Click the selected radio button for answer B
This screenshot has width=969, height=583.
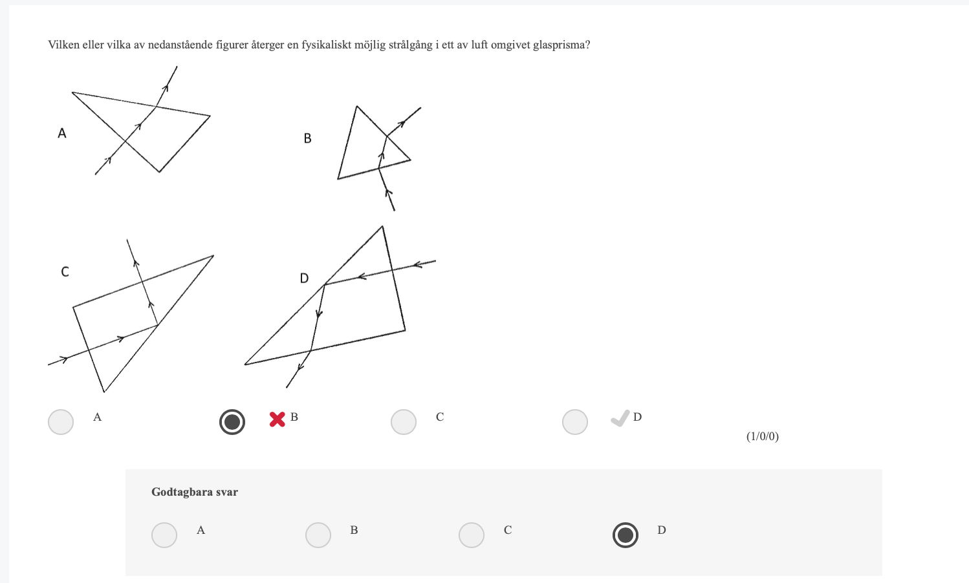click(x=232, y=422)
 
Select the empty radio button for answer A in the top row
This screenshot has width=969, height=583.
click(x=61, y=422)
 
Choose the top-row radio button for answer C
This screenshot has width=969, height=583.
click(x=403, y=422)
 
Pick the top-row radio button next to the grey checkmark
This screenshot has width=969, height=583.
click(x=574, y=422)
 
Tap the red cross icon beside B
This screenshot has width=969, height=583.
click(x=278, y=419)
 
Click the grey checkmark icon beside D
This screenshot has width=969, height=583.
click(x=620, y=418)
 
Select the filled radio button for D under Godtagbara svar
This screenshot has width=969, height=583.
click(x=625, y=535)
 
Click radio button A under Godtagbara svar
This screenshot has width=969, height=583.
click(x=164, y=535)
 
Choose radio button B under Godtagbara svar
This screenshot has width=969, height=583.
click(x=318, y=535)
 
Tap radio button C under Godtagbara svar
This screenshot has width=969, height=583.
click(x=471, y=535)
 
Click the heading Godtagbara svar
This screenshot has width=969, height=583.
click(x=195, y=493)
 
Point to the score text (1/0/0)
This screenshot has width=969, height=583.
click(x=763, y=436)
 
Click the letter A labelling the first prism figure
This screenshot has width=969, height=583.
click(x=62, y=133)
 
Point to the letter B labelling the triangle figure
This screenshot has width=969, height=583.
click(x=307, y=138)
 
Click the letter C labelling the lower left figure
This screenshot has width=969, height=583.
click(x=65, y=272)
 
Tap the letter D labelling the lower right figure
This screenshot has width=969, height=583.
click(x=304, y=279)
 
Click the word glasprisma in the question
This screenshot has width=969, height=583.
click(x=561, y=45)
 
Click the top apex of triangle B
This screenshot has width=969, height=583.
click(x=357, y=106)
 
